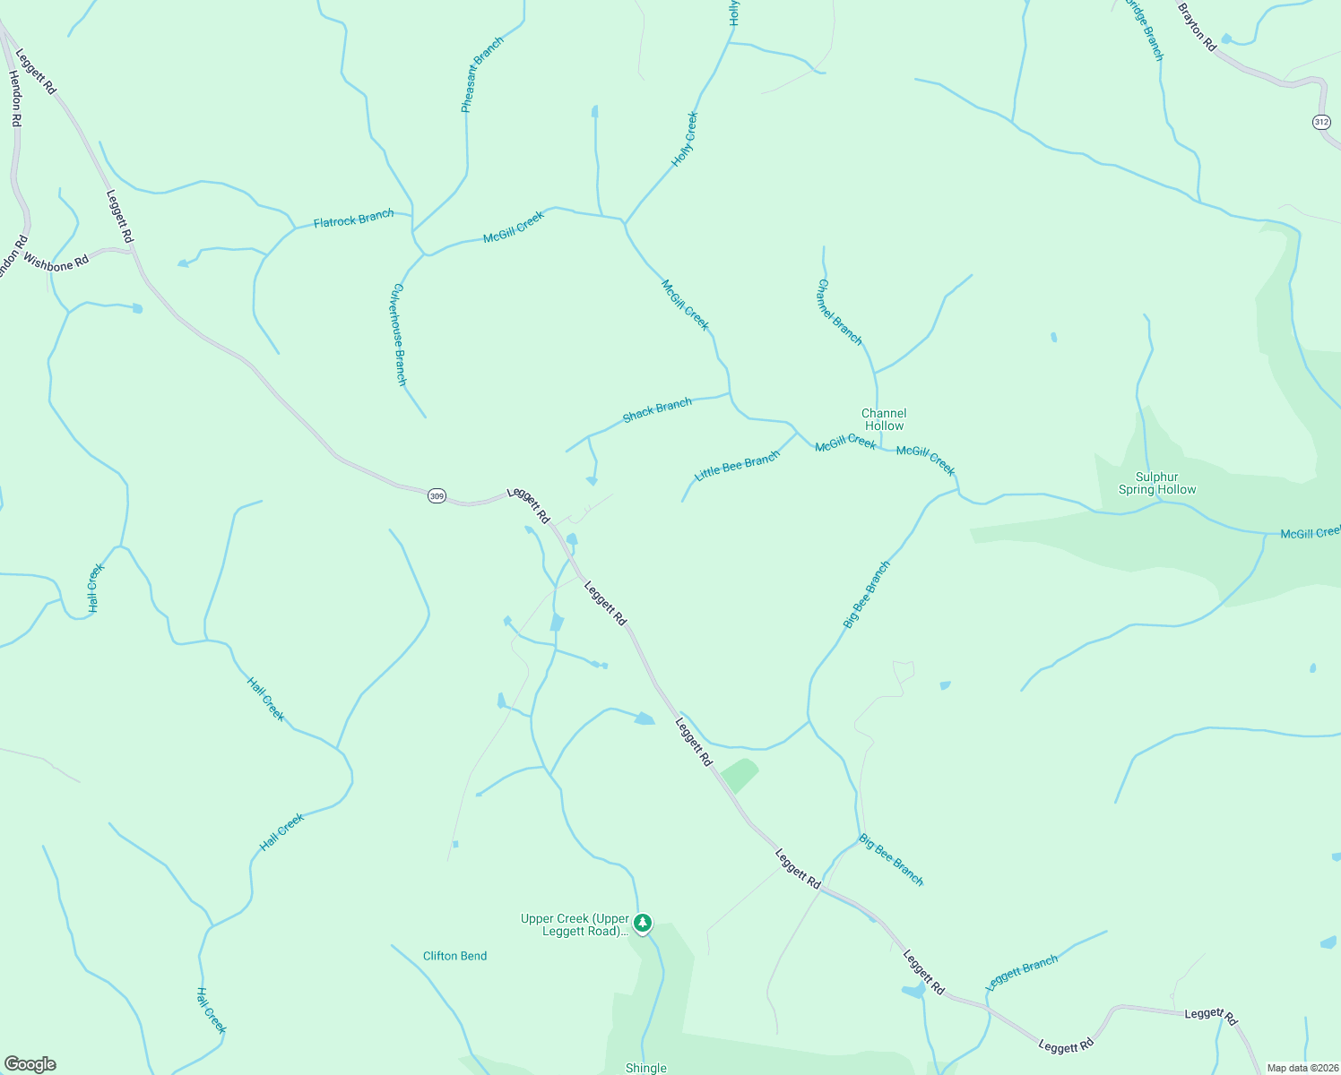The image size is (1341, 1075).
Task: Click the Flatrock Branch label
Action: (353, 219)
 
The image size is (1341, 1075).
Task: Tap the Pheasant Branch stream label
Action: (481, 74)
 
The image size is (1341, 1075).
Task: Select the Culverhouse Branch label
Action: (400, 334)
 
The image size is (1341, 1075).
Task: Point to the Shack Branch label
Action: (657, 409)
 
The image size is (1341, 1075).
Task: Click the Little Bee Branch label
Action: (737, 466)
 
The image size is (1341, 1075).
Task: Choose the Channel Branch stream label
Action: (839, 312)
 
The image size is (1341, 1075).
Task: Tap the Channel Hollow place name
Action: (884, 419)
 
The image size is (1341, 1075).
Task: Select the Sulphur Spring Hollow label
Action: (1157, 483)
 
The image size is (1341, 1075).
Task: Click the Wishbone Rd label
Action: (56, 262)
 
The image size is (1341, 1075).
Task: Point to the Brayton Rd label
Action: (1197, 26)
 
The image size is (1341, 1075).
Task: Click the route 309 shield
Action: (437, 495)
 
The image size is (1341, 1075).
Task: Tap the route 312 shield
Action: (1321, 122)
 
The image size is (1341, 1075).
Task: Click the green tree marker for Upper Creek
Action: (643, 923)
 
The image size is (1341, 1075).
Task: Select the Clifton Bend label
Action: (454, 956)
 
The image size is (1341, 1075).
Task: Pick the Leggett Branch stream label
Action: (1021, 972)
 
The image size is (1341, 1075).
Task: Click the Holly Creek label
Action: (685, 140)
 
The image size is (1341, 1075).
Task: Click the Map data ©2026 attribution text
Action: (1302, 1068)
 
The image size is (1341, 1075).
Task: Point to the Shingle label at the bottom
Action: (645, 1068)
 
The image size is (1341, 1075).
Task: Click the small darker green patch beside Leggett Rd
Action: (740, 775)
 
